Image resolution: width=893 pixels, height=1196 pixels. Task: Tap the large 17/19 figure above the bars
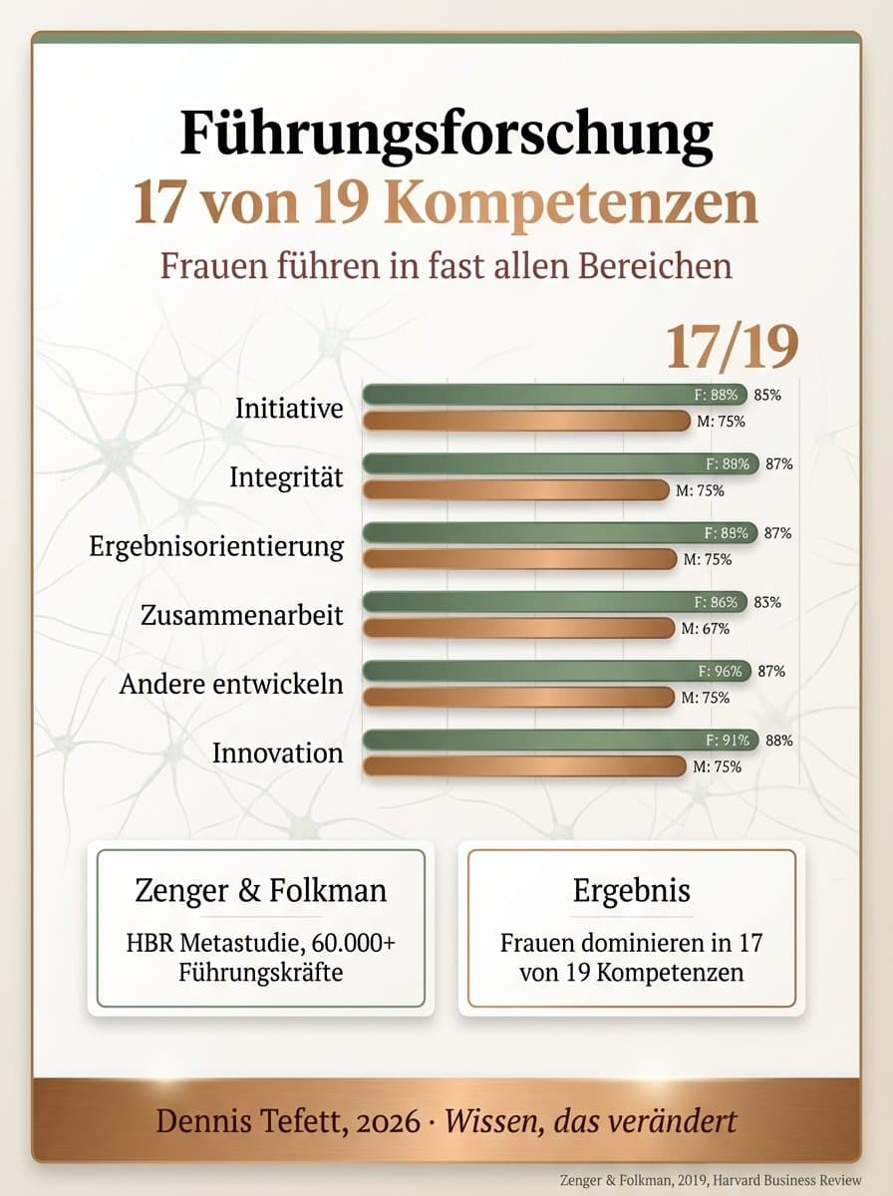(732, 347)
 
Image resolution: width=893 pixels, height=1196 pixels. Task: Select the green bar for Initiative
(538, 395)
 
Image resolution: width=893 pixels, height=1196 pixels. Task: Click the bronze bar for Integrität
(516, 489)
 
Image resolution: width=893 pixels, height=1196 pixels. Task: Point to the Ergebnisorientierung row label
(216, 546)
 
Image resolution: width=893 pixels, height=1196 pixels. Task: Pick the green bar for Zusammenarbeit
(538, 602)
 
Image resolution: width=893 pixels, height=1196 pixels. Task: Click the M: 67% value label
(706, 629)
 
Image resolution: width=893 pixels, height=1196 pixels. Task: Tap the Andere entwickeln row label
(231, 685)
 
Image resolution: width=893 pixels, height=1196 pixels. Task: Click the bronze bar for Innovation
(524, 766)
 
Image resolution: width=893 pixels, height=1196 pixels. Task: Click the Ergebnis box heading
(631, 890)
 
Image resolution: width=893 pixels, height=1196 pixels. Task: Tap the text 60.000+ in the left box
(358, 942)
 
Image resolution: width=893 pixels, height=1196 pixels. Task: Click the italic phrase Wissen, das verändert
(591, 1120)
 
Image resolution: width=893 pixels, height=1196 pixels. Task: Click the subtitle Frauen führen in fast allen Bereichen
(446, 266)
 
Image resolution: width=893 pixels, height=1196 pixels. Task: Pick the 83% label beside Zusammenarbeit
(767, 602)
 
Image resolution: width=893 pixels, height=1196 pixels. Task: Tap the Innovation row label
(277, 753)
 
